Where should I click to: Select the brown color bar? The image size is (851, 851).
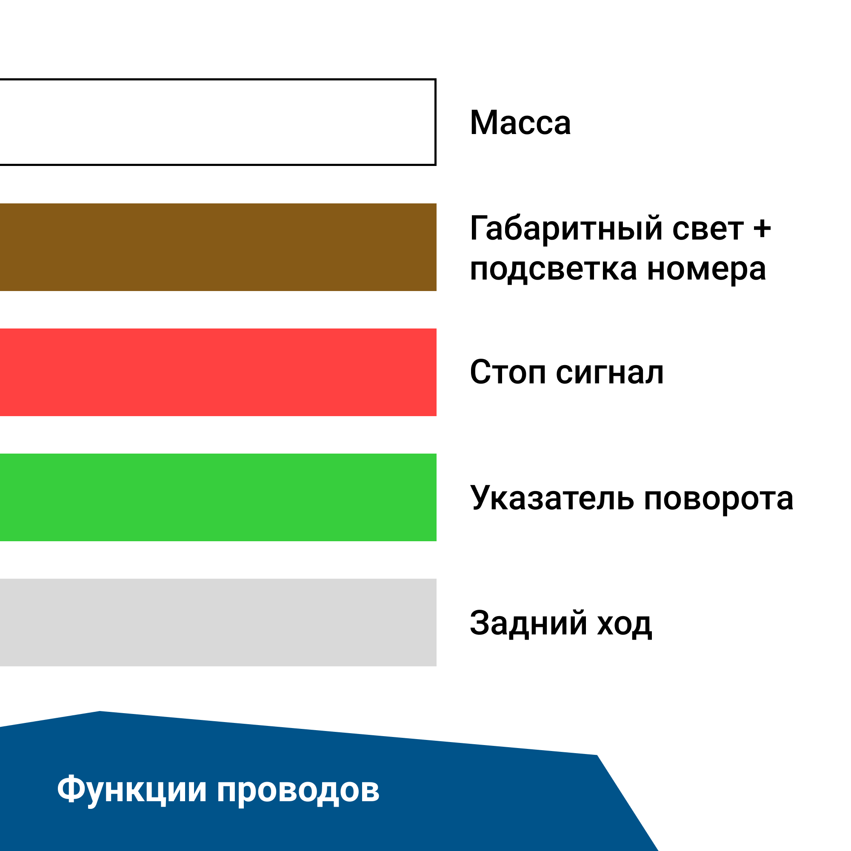click(x=218, y=247)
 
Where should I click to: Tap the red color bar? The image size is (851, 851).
click(x=218, y=372)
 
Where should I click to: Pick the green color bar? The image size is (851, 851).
click(x=218, y=497)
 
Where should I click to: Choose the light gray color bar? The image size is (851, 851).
click(x=218, y=623)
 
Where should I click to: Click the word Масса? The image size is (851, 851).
click(x=520, y=123)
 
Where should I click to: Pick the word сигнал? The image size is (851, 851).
click(x=610, y=374)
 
